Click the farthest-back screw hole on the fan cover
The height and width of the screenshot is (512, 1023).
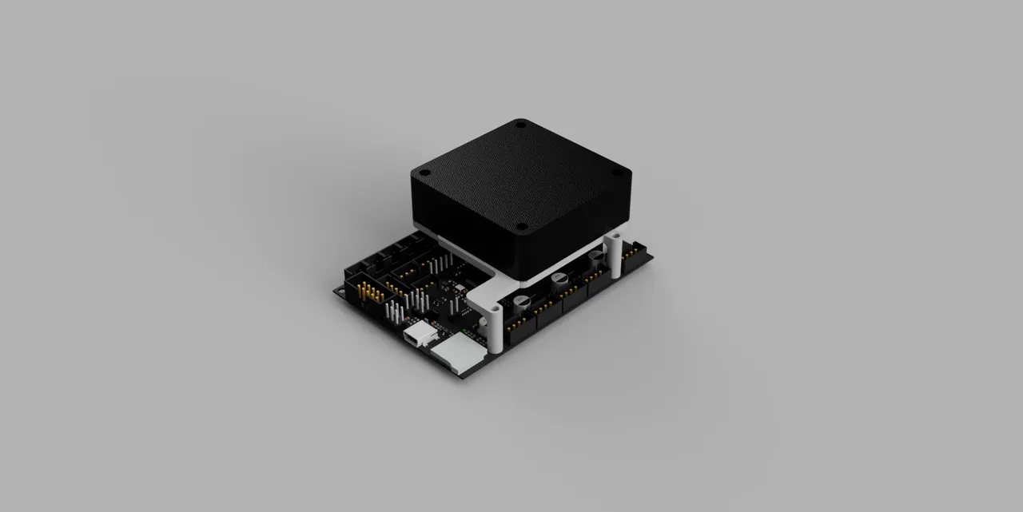coord(520,125)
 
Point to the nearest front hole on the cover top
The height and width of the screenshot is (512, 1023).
coord(520,226)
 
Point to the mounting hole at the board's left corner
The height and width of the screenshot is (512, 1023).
coord(342,292)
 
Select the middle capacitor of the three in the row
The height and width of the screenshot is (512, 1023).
coord(560,278)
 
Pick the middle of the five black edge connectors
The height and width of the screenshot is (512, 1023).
coord(575,296)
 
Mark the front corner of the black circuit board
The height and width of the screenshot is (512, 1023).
coord(461,377)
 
